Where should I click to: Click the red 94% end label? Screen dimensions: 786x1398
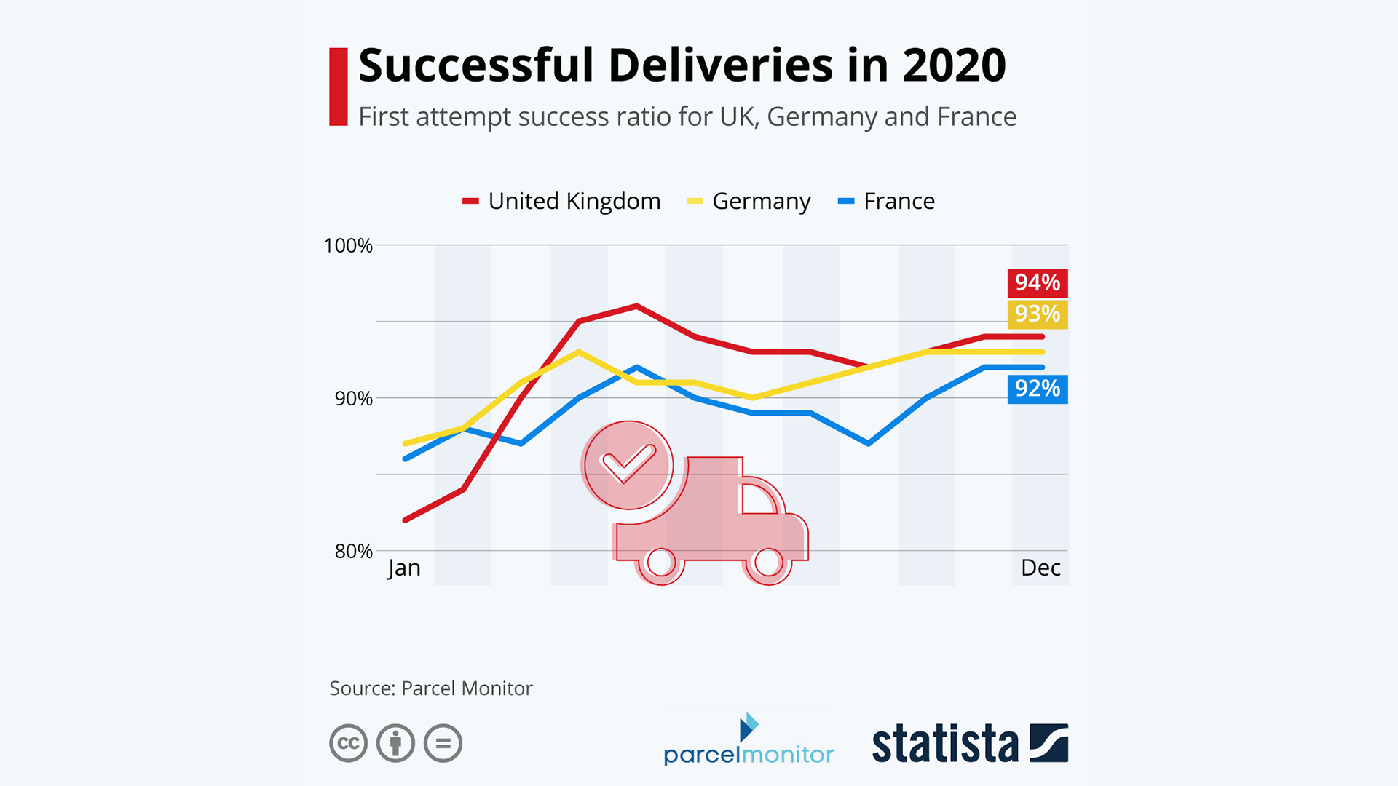[1037, 282]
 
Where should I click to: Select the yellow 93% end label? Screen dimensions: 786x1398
[1037, 314]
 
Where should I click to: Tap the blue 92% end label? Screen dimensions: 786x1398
[1037, 389]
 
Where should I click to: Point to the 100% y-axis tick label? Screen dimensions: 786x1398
[348, 246]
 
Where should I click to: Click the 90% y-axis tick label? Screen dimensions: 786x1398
[353, 399]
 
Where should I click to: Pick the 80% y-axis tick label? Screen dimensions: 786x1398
[353, 552]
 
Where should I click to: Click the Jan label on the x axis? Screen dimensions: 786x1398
[404, 568]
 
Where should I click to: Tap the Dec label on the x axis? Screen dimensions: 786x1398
[1040, 568]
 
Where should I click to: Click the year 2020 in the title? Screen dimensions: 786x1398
[954, 65]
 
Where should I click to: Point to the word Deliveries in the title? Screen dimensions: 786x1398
[720, 65]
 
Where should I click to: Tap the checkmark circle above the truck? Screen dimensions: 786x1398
[628, 464]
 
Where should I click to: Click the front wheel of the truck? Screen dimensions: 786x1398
[768, 562]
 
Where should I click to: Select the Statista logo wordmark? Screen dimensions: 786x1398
[944, 744]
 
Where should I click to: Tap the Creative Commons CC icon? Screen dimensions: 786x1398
[348, 743]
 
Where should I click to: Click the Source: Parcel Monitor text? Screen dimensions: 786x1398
[430, 688]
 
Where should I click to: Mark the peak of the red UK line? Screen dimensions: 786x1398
[637, 306]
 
